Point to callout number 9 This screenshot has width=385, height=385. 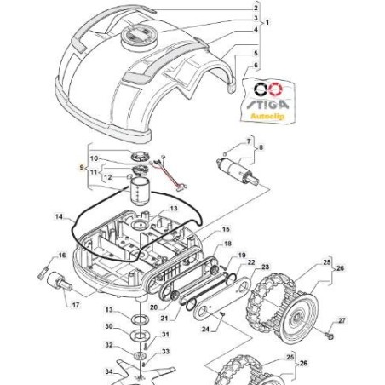(82, 169)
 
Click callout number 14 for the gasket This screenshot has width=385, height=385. (58, 217)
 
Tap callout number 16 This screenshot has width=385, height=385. (61, 255)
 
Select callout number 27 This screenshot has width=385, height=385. (342, 321)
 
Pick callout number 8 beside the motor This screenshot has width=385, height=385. (261, 148)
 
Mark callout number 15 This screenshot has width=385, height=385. (226, 229)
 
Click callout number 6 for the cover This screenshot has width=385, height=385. (256, 64)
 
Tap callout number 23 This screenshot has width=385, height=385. (265, 267)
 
